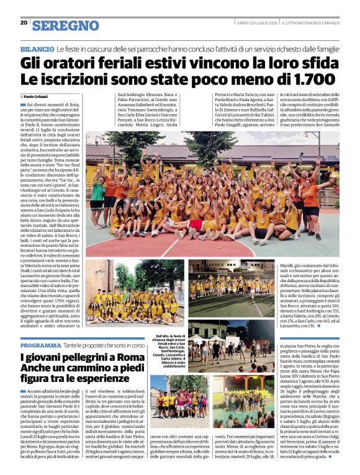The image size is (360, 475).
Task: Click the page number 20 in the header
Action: [x=24, y=23]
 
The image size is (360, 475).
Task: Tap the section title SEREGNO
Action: [x=65, y=25]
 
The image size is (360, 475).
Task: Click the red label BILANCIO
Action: [x=37, y=49]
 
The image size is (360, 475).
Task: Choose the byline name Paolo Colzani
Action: [x=38, y=97]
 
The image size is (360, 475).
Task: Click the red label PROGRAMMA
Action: [x=40, y=345]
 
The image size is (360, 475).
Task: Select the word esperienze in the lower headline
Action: [x=86, y=378]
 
